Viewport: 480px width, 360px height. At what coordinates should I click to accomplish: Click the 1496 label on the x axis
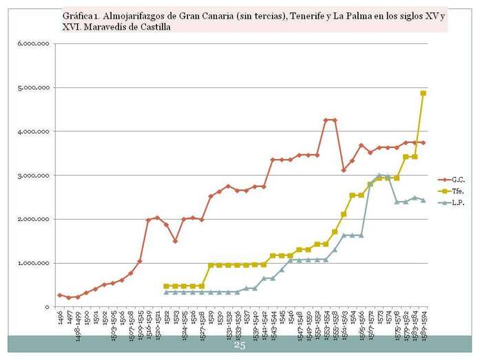[60, 318]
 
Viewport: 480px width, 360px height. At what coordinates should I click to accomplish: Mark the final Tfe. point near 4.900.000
[423, 93]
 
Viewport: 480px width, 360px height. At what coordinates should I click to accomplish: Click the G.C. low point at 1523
[175, 241]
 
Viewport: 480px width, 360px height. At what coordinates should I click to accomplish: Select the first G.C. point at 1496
[60, 295]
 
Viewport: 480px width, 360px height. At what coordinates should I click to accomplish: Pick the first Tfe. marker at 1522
[166, 286]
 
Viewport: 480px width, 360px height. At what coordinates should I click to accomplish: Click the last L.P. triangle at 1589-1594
[423, 200]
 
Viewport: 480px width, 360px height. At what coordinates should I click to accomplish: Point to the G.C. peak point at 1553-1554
[326, 120]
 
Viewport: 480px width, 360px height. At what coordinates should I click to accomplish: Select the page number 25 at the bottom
[240, 346]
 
